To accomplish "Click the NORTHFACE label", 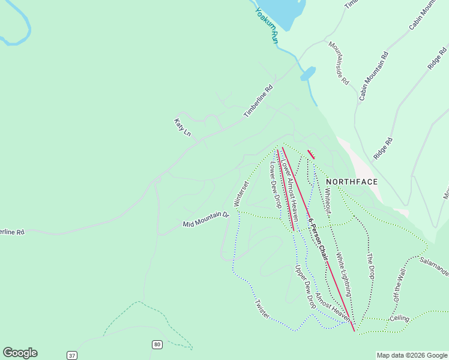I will [x=352, y=182].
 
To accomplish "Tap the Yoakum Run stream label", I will [x=266, y=25].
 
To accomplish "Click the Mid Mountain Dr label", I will [x=206, y=220].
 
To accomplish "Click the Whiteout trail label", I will [x=327, y=202].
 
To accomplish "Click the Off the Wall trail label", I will [x=400, y=286].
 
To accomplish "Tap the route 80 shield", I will [x=157, y=344].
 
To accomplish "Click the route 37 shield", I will [x=72, y=355].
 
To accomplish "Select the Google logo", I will [x=20, y=353].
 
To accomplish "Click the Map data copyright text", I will [x=412, y=355].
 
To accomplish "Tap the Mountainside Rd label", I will [x=338, y=63].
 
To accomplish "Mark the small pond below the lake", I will [x=308, y=74].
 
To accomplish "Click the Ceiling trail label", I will [x=399, y=318].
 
